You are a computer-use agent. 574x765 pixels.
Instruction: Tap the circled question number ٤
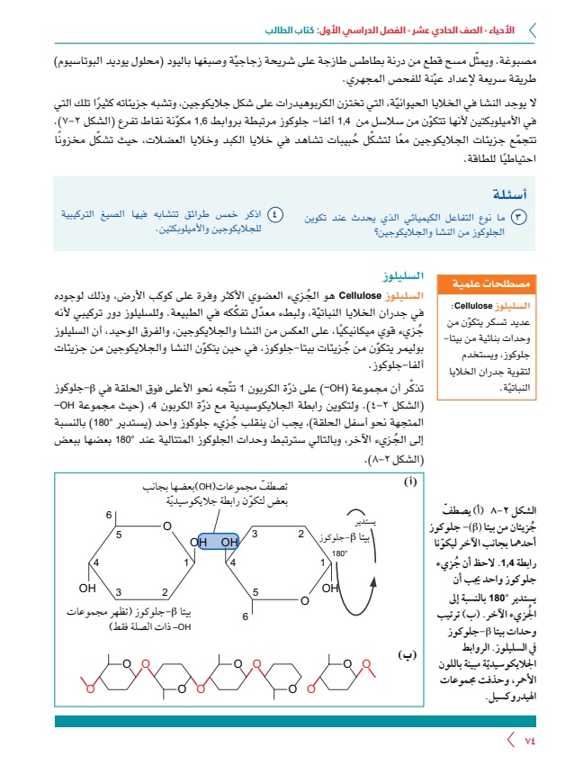click(276, 214)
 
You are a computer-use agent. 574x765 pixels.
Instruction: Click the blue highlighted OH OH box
click(215, 542)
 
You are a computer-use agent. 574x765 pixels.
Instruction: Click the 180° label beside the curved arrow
click(339, 554)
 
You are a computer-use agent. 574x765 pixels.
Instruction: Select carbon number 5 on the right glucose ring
click(256, 591)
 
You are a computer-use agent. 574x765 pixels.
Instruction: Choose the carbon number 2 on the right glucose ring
click(301, 533)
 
